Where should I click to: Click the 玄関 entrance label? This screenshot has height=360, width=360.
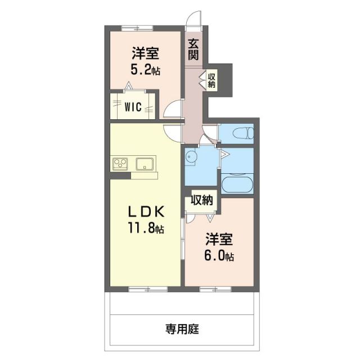pos(193,48)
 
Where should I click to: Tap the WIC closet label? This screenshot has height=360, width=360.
pos(133,105)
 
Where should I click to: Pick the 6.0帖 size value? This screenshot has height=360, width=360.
pos(219,256)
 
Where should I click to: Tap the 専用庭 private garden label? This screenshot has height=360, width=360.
pos(182,328)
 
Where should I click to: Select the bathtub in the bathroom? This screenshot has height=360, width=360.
pos(237,184)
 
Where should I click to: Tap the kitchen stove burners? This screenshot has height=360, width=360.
pos(120,164)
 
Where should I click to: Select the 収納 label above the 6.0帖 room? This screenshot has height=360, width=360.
pos(201,199)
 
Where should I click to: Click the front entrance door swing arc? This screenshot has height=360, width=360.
pos(194,18)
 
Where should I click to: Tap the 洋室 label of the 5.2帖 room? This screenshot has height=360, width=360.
pos(145,55)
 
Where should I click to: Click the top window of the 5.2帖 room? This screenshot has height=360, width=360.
pos(137,26)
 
